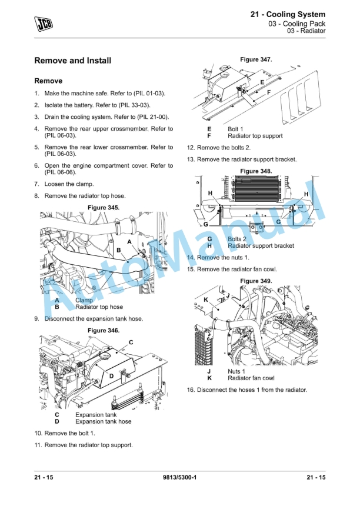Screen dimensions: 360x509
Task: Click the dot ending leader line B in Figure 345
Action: coord(128,261)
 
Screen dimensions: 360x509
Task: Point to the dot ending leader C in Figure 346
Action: coord(117,351)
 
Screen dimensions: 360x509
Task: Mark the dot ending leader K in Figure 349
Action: coord(218,310)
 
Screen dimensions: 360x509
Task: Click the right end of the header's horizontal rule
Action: coord(325,38)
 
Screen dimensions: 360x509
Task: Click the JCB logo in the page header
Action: coord(44,24)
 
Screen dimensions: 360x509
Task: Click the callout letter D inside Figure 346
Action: coord(111,376)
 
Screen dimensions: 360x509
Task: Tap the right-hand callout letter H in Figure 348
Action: coord(306,194)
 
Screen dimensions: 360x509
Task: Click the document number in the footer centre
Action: coord(179,477)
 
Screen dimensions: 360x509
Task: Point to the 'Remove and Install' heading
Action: coord(73,61)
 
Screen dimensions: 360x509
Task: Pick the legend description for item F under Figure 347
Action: coord(255,136)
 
